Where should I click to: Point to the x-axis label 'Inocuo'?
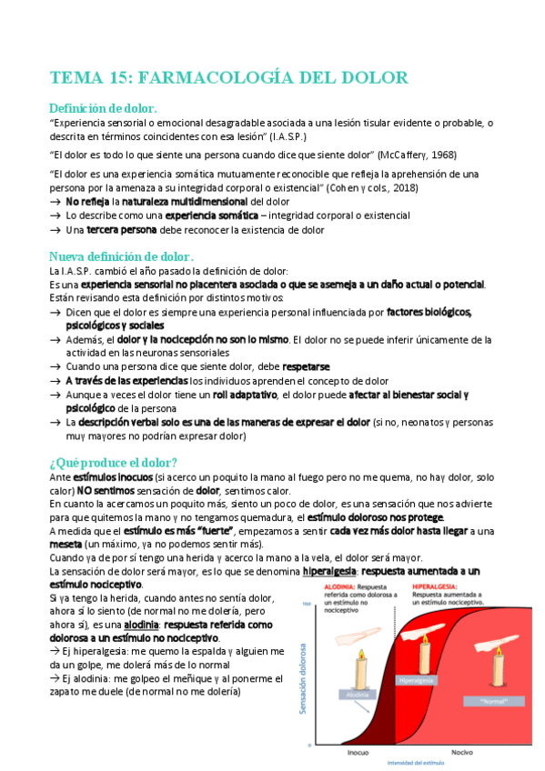(358, 753)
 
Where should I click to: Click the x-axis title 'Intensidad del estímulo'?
(416, 764)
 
